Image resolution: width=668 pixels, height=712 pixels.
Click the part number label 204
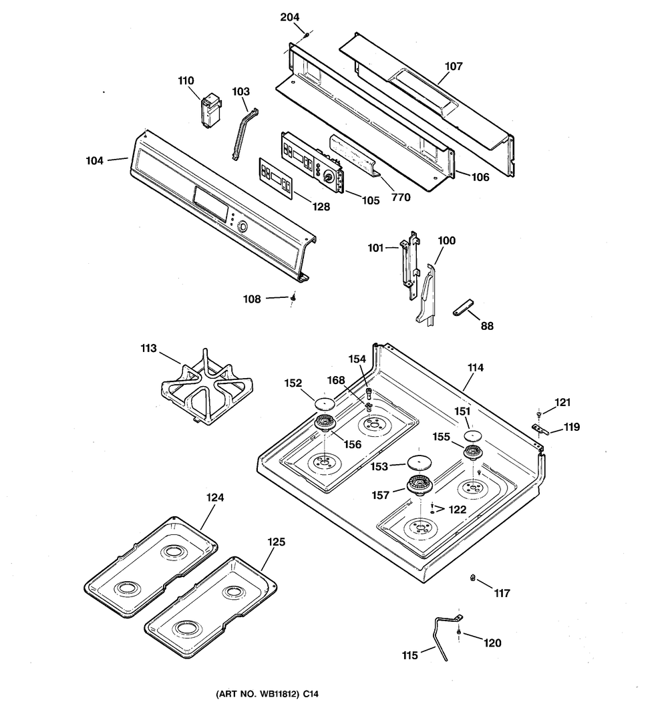pos(291,17)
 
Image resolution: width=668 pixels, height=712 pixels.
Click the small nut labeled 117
pos(473,578)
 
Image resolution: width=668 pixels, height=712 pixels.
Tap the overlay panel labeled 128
pos(276,178)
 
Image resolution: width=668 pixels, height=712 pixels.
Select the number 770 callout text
pos(401,197)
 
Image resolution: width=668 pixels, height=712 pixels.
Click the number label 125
pos(276,542)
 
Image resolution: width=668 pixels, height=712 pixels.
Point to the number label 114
pos(476,367)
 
